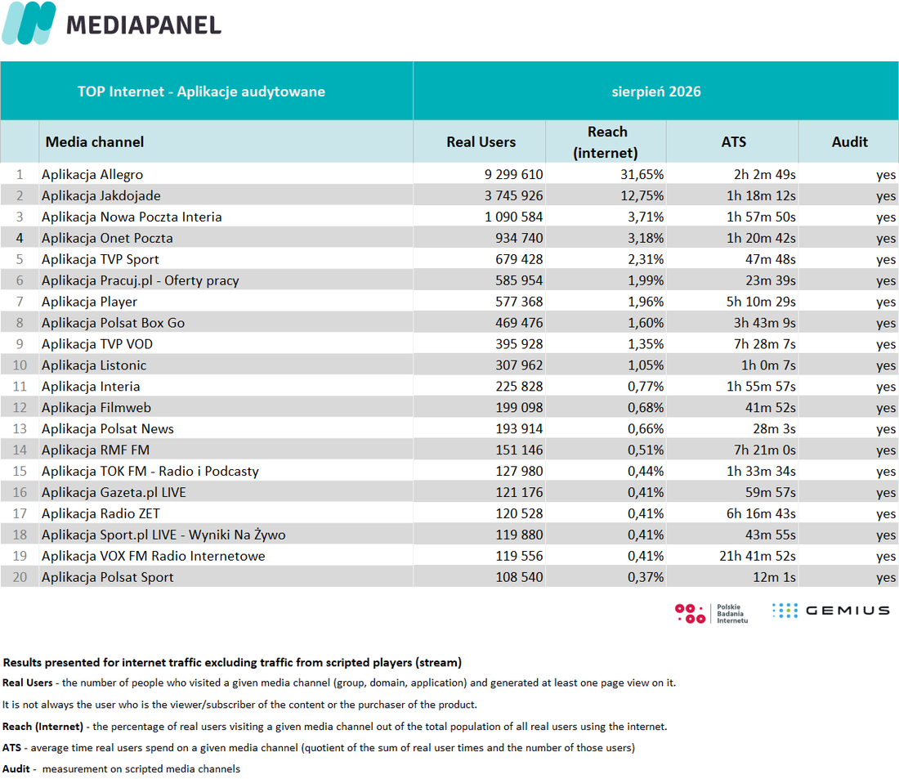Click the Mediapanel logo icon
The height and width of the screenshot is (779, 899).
pyautogui.click(x=29, y=23)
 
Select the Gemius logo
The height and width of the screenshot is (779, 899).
pyautogui.click(x=831, y=611)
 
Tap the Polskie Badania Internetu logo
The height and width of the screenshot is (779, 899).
pyautogui.click(x=712, y=613)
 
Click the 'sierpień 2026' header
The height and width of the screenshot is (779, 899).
pyautogui.click(x=656, y=92)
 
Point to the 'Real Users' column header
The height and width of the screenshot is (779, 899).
pyautogui.click(x=481, y=142)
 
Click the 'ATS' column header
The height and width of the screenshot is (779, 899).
pyautogui.click(x=733, y=142)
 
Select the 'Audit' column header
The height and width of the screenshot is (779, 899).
pyautogui.click(x=850, y=142)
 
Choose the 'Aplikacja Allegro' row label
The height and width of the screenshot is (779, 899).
pyautogui.click(x=92, y=175)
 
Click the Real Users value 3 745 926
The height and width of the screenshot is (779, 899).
pyautogui.click(x=514, y=196)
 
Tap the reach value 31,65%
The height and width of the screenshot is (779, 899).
pyautogui.click(x=642, y=175)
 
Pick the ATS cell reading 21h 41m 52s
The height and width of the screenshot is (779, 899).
pyautogui.click(x=758, y=557)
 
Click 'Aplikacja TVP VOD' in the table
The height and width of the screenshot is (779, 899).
pyautogui.click(x=97, y=344)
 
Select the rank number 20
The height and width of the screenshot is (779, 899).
pyautogui.click(x=20, y=578)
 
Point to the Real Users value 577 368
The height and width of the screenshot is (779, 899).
pyautogui.click(x=520, y=302)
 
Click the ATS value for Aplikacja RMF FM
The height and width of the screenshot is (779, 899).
pyautogui.click(x=765, y=450)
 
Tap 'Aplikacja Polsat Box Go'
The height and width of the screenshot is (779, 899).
pyautogui.click(x=113, y=323)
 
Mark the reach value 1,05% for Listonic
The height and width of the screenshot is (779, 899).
pyautogui.click(x=646, y=365)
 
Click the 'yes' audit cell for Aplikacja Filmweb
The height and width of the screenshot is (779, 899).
pyautogui.click(x=886, y=409)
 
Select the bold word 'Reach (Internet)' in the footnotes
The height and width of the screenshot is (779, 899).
pyautogui.click(x=43, y=727)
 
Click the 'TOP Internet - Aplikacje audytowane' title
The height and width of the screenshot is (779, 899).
pyautogui.click(x=201, y=92)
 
